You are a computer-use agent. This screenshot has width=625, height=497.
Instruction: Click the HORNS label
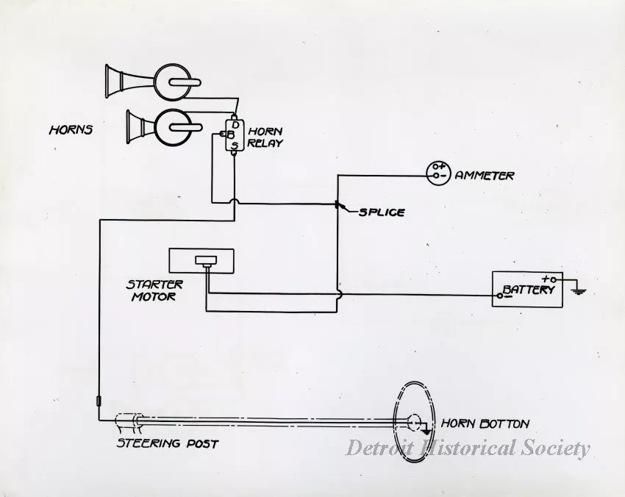coord(71,130)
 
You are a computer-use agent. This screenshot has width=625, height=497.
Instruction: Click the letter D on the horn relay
coord(235,125)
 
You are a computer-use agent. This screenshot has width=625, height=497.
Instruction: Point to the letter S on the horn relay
coord(235,146)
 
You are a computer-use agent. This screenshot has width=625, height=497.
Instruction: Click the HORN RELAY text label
coord(265,137)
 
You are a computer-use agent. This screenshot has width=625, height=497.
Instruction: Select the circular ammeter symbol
coord(438,172)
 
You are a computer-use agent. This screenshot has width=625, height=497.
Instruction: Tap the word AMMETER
coord(485,176)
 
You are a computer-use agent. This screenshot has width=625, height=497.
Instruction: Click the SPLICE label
coord(382,212)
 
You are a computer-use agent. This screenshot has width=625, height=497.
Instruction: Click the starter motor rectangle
coord(201,261)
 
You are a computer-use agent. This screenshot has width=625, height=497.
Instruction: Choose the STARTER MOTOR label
coord(154,290)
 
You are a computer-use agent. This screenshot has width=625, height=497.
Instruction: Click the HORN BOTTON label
coord(485,424)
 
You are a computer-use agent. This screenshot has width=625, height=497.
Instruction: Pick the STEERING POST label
coord(168,444)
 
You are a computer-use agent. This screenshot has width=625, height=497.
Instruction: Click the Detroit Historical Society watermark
coord(468,448)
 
